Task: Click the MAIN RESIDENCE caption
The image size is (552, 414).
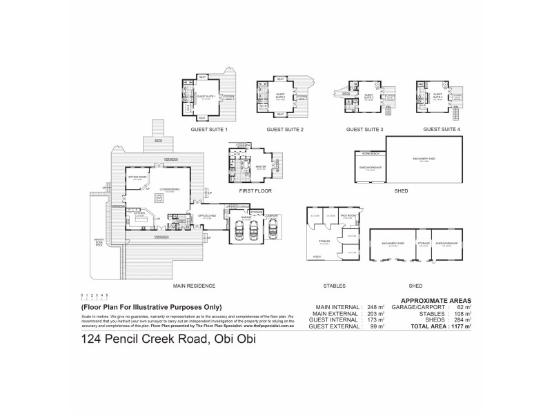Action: click(x=195, y=285)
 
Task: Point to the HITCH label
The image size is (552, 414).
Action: click(x=317, y=257)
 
